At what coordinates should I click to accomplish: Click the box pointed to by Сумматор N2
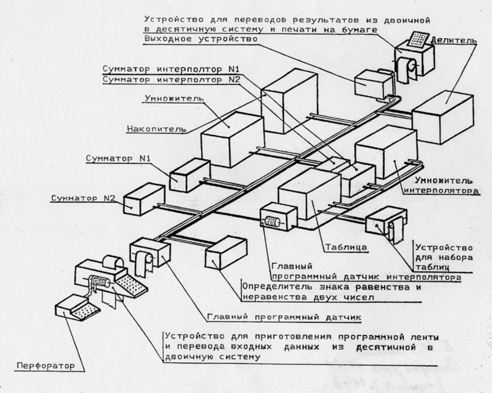(x=143, y=200)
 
